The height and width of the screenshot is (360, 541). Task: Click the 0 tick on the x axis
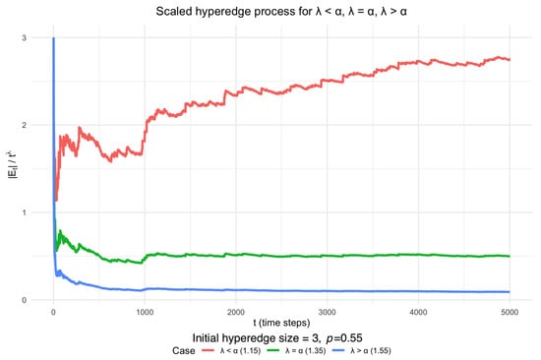point(52,311)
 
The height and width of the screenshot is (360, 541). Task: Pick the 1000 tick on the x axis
point(144,311)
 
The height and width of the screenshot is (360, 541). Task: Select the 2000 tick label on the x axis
point(235,311)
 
